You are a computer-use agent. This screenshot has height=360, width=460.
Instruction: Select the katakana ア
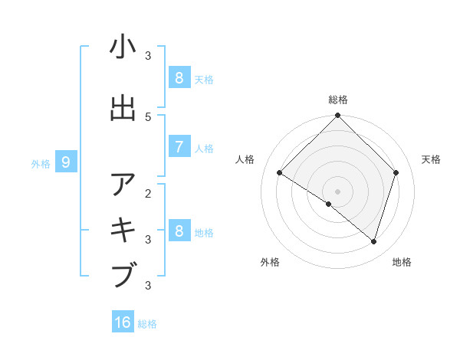[x=123, y=185]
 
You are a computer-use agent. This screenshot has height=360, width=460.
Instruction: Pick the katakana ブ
[x=123, y=274]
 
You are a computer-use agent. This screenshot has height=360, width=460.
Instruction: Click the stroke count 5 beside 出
[x=148, y=117]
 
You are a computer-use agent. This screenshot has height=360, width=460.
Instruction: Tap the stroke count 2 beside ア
[x=148, y=193]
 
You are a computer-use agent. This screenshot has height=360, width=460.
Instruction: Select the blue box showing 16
[x=123, y=322]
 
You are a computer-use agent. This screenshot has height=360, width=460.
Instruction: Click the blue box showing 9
[x=66, y=162]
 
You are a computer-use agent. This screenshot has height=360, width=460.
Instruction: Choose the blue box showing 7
[x=179, y=147]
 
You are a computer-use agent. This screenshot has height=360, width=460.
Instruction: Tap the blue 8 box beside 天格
[x=179, y=77]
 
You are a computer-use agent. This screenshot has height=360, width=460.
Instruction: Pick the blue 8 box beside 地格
[x=179, y=231]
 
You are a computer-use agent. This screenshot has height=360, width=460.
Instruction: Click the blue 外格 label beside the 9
[x=41, y=163]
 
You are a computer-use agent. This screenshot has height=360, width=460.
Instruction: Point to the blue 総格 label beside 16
[x=147, y=324]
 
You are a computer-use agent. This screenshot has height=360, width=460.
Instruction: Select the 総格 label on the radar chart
[x=338, y=100]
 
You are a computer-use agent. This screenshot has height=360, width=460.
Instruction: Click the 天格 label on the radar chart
[x=432, y=159]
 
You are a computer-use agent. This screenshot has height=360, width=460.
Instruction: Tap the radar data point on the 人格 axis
[x=280, y=173]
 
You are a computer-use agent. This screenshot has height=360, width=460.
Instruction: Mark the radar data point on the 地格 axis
[x=373, y=242]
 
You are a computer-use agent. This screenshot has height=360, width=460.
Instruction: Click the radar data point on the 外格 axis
[x=329, y=204]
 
